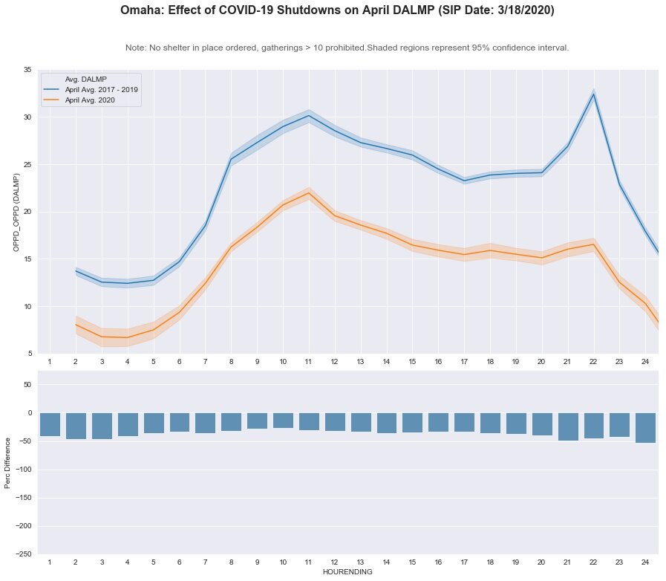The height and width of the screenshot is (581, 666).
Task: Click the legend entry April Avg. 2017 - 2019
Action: pos(111,89)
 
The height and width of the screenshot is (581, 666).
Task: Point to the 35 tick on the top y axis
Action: pos(27,70)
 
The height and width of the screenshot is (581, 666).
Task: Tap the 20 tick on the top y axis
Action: pos(27,212)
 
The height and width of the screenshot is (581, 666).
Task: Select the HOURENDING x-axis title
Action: pos(347,572)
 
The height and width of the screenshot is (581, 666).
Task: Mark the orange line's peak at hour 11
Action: pos(308,193)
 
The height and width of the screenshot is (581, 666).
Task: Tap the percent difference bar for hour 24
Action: pos(645,428)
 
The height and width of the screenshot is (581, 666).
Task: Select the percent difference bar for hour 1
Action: pos(50,424)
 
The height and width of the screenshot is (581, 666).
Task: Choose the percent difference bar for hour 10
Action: pos(283,421)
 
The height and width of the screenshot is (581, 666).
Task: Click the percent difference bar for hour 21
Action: pos(568,426)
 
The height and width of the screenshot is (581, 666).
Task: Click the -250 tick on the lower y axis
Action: pos(24,554)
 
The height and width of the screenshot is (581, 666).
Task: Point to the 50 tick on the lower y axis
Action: pos(27,385)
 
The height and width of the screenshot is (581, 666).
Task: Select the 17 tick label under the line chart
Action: pos(464,361)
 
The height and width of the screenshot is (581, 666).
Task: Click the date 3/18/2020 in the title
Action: pos(518,11)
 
